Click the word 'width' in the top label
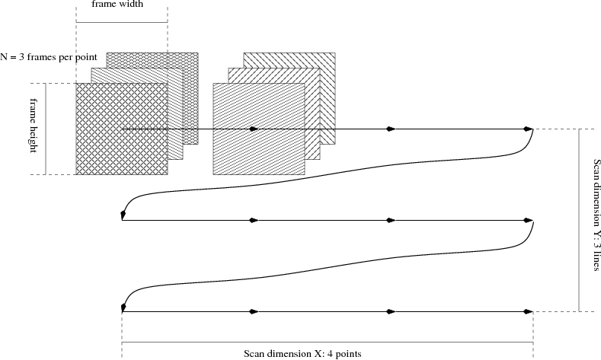135,4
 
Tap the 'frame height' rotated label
34,125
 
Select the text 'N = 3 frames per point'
49,57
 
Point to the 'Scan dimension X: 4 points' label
302,353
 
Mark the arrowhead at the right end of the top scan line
529,129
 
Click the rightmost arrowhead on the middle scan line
529,221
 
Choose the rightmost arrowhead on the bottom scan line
528,312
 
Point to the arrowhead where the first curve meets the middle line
123,216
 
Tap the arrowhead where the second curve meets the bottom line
123,307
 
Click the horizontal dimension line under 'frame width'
122,22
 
